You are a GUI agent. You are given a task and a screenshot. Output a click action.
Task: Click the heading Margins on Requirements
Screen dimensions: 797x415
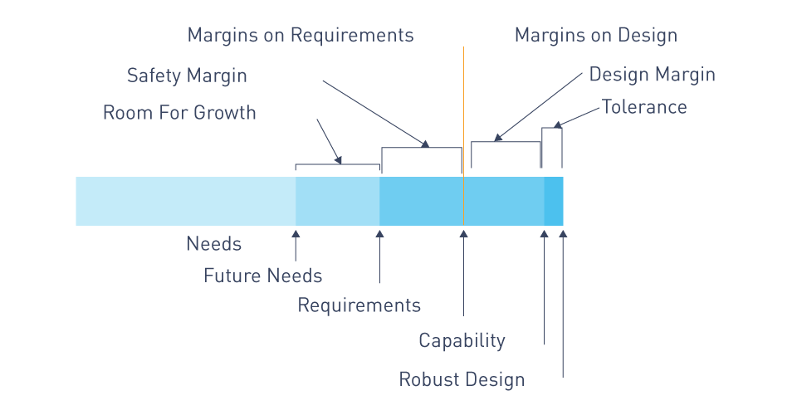[x=301, y=36]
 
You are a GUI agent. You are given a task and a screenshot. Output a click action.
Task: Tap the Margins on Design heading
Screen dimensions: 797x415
[x=596, y=36]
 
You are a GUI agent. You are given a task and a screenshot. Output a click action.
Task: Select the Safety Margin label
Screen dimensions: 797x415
[x=187, y=76]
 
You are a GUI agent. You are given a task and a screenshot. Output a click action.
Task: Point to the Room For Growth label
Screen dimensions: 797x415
[x=179, y=112]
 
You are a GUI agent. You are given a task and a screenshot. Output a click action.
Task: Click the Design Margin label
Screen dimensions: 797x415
[x=653, y=75]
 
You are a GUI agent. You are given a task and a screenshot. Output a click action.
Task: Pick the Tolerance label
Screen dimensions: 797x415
[x=644, y=107]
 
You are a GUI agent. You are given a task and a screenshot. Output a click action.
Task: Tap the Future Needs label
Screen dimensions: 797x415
[x=263, y=276]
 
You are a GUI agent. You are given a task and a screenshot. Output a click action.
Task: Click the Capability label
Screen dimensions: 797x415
[x=462, y=341]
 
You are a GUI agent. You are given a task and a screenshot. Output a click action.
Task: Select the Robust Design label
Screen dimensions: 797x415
[x=462, y=380]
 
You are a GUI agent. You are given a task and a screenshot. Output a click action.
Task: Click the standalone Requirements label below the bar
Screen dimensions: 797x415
[x=359, y=305]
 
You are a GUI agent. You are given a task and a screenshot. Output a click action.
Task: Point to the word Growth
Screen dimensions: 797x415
[x=224, y=112]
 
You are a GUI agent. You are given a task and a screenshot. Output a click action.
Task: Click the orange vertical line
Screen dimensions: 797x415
[x=463, y=136]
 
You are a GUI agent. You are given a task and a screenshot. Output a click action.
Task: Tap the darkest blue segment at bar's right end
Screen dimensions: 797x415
[x=554, y=201]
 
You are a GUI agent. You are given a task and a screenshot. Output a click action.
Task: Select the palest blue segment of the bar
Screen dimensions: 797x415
[x=185, y=201]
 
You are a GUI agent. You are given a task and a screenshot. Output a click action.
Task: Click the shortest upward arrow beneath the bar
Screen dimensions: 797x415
[x=296, y=246]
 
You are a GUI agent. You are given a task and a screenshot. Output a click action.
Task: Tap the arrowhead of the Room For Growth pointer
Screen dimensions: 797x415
[x=338, y=160]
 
